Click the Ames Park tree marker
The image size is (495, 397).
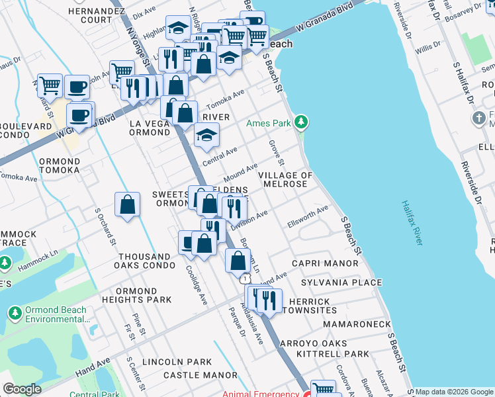301,122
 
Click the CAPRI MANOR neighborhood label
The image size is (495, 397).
329,263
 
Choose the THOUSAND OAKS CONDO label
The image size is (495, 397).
144,261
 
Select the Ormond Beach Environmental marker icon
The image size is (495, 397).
14,311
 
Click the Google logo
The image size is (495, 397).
22,390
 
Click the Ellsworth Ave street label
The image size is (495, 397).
308,218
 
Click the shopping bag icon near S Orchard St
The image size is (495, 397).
127,205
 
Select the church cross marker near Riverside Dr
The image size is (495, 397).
479,119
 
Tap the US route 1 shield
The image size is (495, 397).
246,279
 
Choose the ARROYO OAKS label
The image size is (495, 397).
313,343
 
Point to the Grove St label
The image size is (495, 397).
277,153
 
